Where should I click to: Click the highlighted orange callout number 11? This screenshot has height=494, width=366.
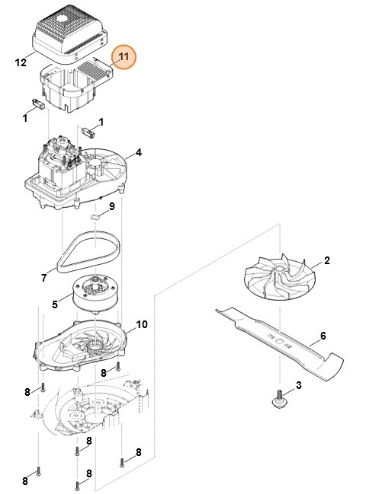click(123, 56)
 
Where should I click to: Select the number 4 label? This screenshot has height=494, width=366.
click(139, 153)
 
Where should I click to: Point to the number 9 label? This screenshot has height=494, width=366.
click(111, 206)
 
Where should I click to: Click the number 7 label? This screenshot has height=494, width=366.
click(43, 279)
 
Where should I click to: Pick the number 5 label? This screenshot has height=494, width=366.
click(55, 305)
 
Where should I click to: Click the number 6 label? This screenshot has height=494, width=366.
click(323, 335)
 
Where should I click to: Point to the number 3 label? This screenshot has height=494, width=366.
click(298, 385)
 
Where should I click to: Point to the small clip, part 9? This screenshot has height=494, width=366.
click(95, 215)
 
